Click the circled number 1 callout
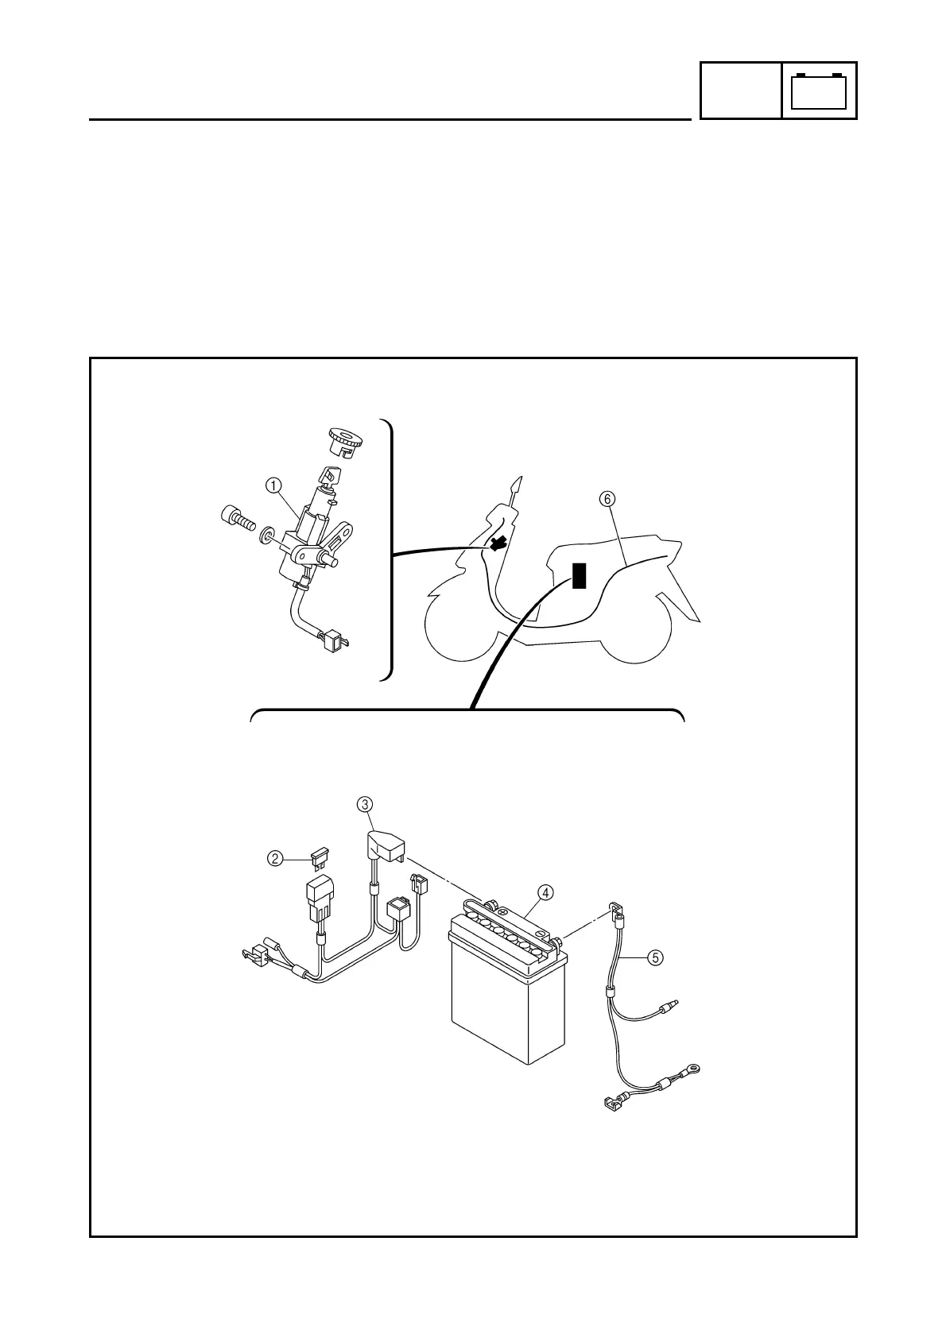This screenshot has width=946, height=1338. tap(273, 483)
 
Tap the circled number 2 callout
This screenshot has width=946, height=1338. tap(274, 858)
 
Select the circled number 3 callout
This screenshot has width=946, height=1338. tap(365, 805)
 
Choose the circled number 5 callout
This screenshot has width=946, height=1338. tap(654, 957)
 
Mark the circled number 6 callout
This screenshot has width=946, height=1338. tap(607, 499)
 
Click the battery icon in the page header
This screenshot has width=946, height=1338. tap(820, 91)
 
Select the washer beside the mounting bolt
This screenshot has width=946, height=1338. tap(266, 532)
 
